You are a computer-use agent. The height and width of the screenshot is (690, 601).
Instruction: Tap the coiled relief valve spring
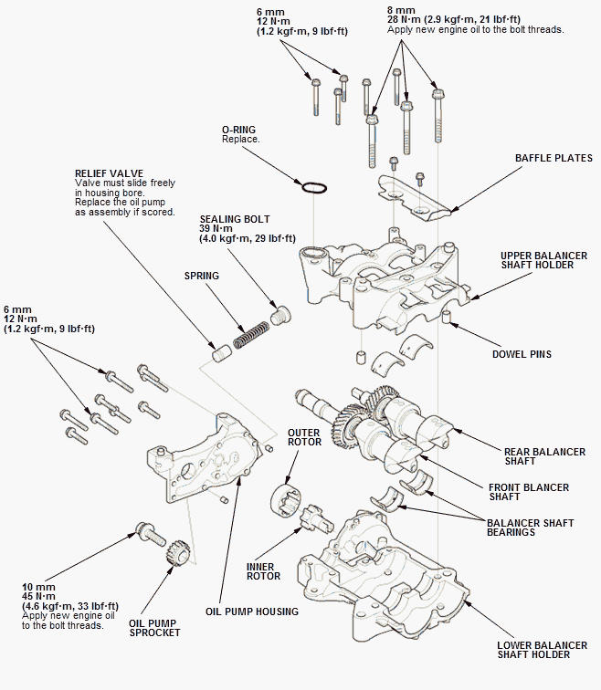click(x=251, y=335)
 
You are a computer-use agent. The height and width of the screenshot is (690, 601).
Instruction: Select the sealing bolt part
click(x=279, y=315)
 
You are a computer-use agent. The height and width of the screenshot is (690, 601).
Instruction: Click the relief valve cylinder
click(x=222, y=353)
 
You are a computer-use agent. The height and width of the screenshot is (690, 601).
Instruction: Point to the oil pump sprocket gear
click(x=178, y=553)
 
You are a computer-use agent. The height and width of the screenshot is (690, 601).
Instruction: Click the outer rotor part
click(x=286, y=500)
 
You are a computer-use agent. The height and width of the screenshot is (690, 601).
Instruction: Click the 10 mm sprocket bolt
click(x=150, y=534)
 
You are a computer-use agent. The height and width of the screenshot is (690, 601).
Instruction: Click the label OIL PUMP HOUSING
click(x=252, y=612)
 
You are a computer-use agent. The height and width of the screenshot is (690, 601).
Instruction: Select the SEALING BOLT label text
click(x=235, y=219)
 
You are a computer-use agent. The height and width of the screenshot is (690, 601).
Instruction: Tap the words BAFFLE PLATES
click(x=554, y=158)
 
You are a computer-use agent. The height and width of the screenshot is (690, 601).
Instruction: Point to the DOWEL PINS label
click(x=522, y=354)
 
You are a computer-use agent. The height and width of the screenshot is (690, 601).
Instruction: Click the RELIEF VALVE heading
click(x=110, y=173)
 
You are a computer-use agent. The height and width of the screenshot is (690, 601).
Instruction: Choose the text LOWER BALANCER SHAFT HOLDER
click(x=542, y=650)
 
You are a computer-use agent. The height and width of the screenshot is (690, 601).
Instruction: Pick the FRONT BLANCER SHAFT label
click(x=529, y=492)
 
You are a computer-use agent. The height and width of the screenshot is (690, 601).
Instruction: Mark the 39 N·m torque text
click(x=216, y=229)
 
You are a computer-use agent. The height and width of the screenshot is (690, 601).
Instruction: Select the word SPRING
click(x=202, y=276)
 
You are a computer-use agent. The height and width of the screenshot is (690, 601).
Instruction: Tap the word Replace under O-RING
click(x=241, y=139)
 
